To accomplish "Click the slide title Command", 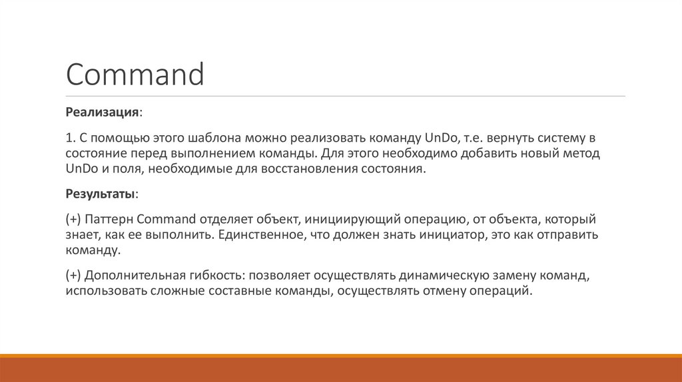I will click(135, 75).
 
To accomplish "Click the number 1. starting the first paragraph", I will click(71, 138).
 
